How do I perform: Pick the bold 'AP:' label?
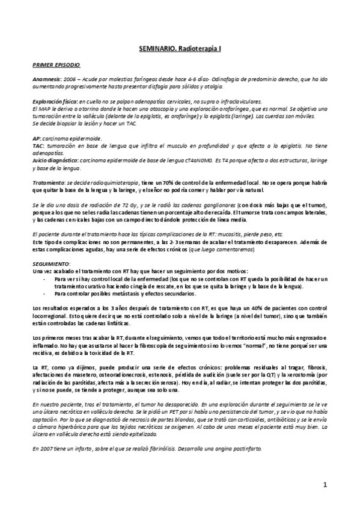point(37,137)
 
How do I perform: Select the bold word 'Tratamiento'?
point(49,182)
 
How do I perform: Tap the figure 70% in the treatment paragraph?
point(171,182)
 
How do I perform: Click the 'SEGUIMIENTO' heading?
point(53,263)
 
